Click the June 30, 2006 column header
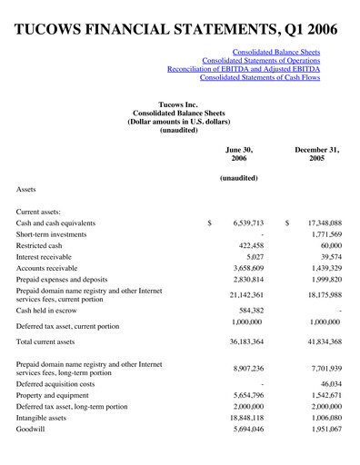coord(239,154)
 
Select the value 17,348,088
coord(316,223)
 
